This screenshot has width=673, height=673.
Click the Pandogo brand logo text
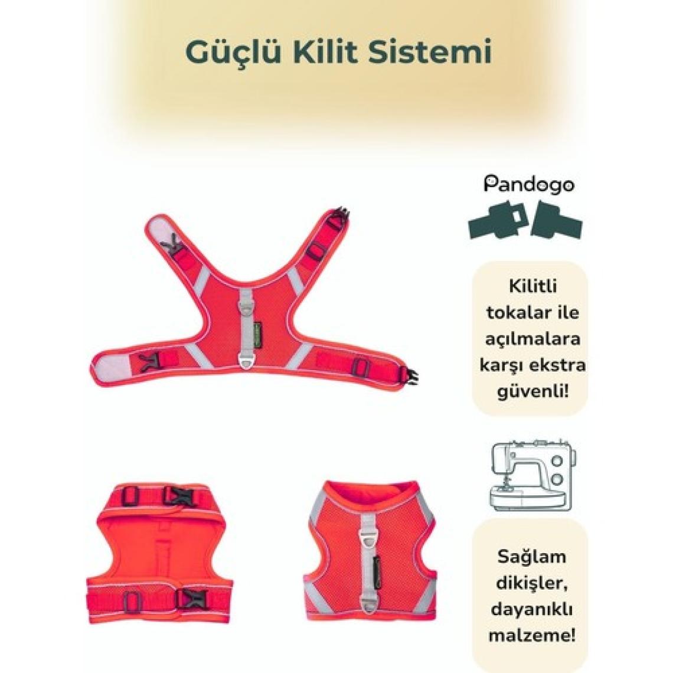pos(529,185)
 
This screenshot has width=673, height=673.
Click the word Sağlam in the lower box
pos(532,557)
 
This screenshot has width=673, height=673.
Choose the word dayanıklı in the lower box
pos(532,609)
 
